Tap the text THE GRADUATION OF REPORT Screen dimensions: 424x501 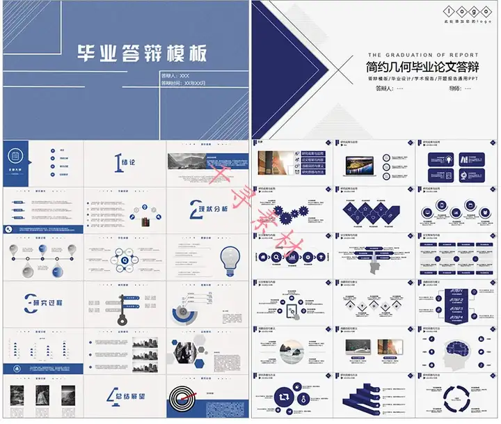[x=422, y=55]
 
